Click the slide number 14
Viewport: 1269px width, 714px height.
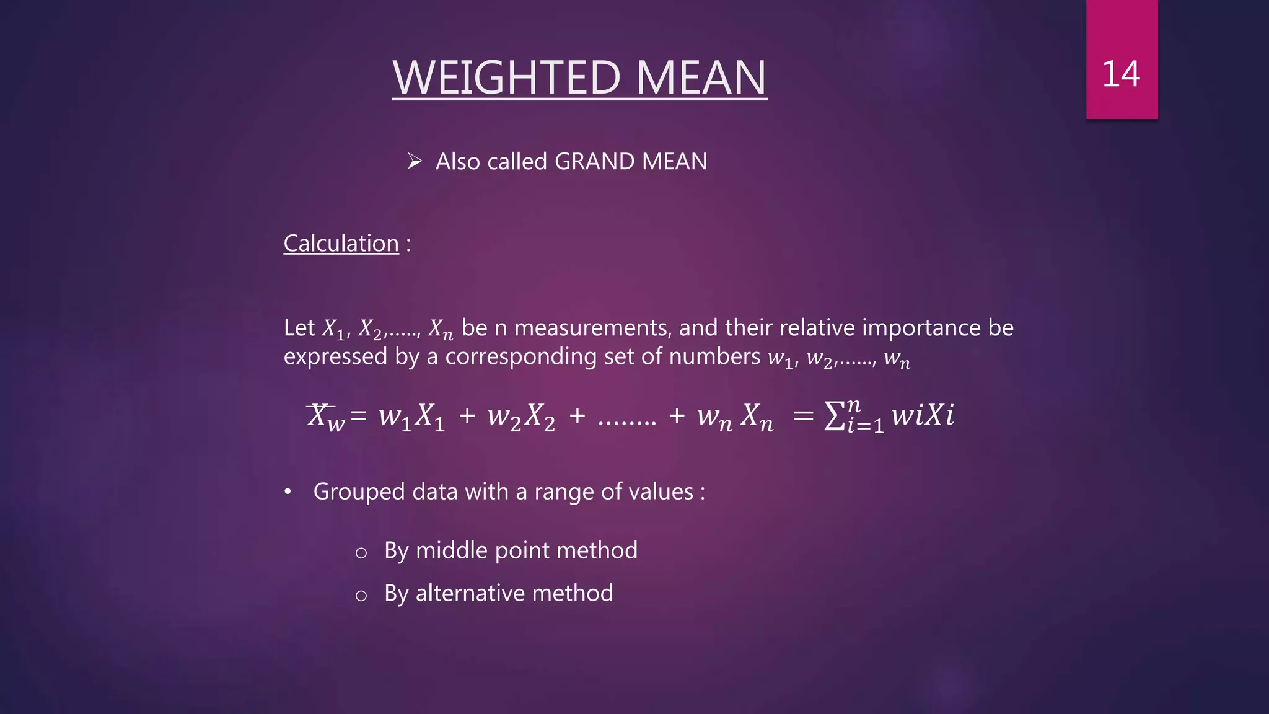[x=1121, y=74]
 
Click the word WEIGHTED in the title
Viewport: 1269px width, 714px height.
[x=507, y=78]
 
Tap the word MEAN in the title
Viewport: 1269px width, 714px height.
[x=701, y=78]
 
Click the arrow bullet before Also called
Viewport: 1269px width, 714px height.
[x=415, y=162]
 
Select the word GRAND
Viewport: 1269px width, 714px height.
[x=595, y=162]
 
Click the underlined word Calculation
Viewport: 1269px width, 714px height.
[x=341, y=244]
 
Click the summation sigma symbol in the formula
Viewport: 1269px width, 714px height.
[x=835, y=415]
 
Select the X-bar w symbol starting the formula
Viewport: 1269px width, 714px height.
[x=325, y=416]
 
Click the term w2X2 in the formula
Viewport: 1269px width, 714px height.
[x=521, y=416]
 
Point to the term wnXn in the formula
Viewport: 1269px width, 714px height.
[x=735, y=416]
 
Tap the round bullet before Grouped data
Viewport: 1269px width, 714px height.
[x=288, y=492]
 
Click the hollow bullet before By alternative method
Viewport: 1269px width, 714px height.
[x=361, y=596]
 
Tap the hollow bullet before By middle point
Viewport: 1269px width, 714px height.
[x=361, y=553]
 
